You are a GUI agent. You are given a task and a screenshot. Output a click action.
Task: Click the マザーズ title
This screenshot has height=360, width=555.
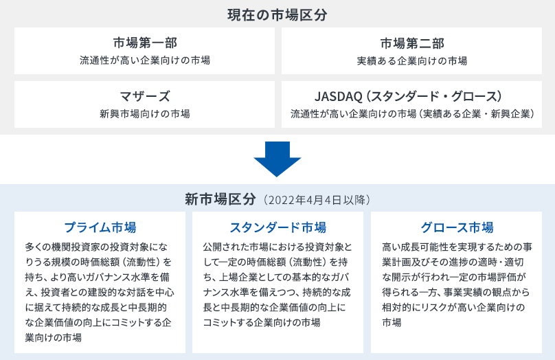point(144,96)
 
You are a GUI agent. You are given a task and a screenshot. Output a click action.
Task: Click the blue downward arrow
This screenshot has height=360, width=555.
point(277,159)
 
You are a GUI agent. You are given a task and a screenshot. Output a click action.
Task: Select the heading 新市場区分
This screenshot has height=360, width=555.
point(221,200)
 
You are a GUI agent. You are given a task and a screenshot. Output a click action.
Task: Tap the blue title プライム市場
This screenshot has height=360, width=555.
point(100,227)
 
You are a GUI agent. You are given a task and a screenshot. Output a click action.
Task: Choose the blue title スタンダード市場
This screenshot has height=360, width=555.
point(278,227)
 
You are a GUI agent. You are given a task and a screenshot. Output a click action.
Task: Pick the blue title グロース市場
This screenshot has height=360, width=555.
point(457,227)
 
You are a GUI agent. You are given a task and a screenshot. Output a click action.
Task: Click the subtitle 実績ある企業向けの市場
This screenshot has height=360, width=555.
point(411,61)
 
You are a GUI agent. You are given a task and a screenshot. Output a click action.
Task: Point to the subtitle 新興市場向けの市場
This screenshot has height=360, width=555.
point(144,113)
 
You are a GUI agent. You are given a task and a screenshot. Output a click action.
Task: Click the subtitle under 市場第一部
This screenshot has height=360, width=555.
point(144,61)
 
